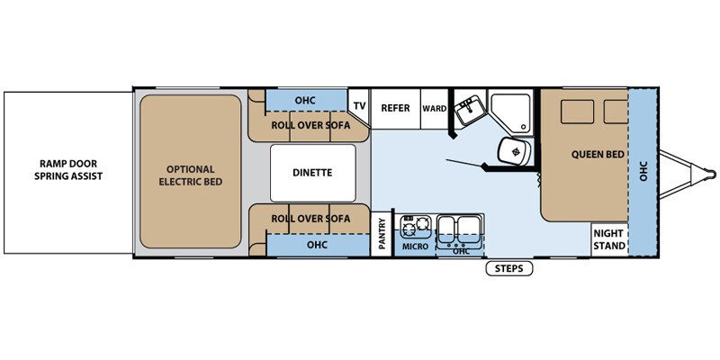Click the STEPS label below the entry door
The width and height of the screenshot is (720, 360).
pos(509,268)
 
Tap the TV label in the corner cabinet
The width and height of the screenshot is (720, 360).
pos(359,106)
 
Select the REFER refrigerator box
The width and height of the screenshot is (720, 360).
pos(395,109)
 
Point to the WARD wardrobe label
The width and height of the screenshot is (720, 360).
pos(435,109)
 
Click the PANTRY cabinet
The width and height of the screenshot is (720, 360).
pos(382,233)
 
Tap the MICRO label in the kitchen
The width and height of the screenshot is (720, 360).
pos(415,247)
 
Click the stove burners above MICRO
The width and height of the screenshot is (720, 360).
pos(416,227)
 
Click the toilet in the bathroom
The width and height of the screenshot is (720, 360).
pos(515,150)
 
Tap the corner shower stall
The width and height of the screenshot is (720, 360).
pos(509,112)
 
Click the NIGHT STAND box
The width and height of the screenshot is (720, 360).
pos(609,239)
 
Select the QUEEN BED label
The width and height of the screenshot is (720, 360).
pos(598,155)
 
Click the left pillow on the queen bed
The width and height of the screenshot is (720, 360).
pos(577,112)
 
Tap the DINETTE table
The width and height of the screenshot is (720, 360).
pos(312,173)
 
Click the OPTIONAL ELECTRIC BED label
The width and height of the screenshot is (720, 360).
pos(191,175)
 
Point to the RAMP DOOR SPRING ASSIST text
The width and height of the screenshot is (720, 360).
pos(68,170)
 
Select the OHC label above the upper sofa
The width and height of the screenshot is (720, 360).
pos(305,101)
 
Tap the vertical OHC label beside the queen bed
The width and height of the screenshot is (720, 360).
pos(643,171)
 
